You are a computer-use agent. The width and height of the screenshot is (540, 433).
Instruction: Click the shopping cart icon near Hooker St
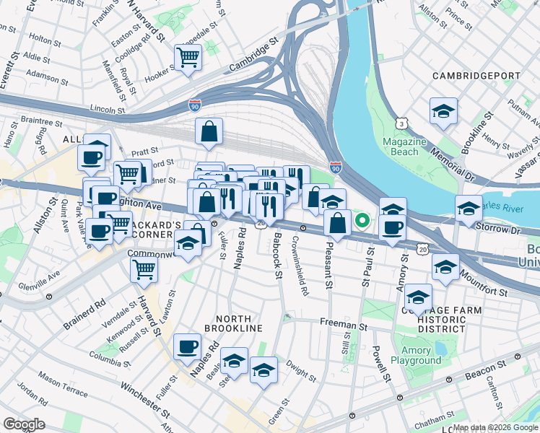[x=188, y=57]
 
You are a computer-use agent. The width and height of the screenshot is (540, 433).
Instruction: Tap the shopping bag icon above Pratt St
[x=208, y=132]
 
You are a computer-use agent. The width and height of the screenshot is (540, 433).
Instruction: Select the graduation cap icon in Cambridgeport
[x=443, y=111]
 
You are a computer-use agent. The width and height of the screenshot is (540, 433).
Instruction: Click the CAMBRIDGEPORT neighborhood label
[x=476, y=76]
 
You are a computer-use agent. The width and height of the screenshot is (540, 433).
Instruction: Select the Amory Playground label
[x=415, y=355]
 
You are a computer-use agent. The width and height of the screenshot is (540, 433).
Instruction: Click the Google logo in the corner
[x=24, y=424]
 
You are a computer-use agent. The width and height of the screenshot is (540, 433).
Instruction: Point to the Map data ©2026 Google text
[x=495, y=427]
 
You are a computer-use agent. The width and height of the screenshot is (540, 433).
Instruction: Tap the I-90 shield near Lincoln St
[x=195, y=106]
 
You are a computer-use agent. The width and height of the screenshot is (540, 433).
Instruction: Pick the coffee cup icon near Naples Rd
[x=188, y=346]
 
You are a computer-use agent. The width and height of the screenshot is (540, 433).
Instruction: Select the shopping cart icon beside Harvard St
[x=144, y=269]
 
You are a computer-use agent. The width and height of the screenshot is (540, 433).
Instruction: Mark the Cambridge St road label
[x=253, y=55]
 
